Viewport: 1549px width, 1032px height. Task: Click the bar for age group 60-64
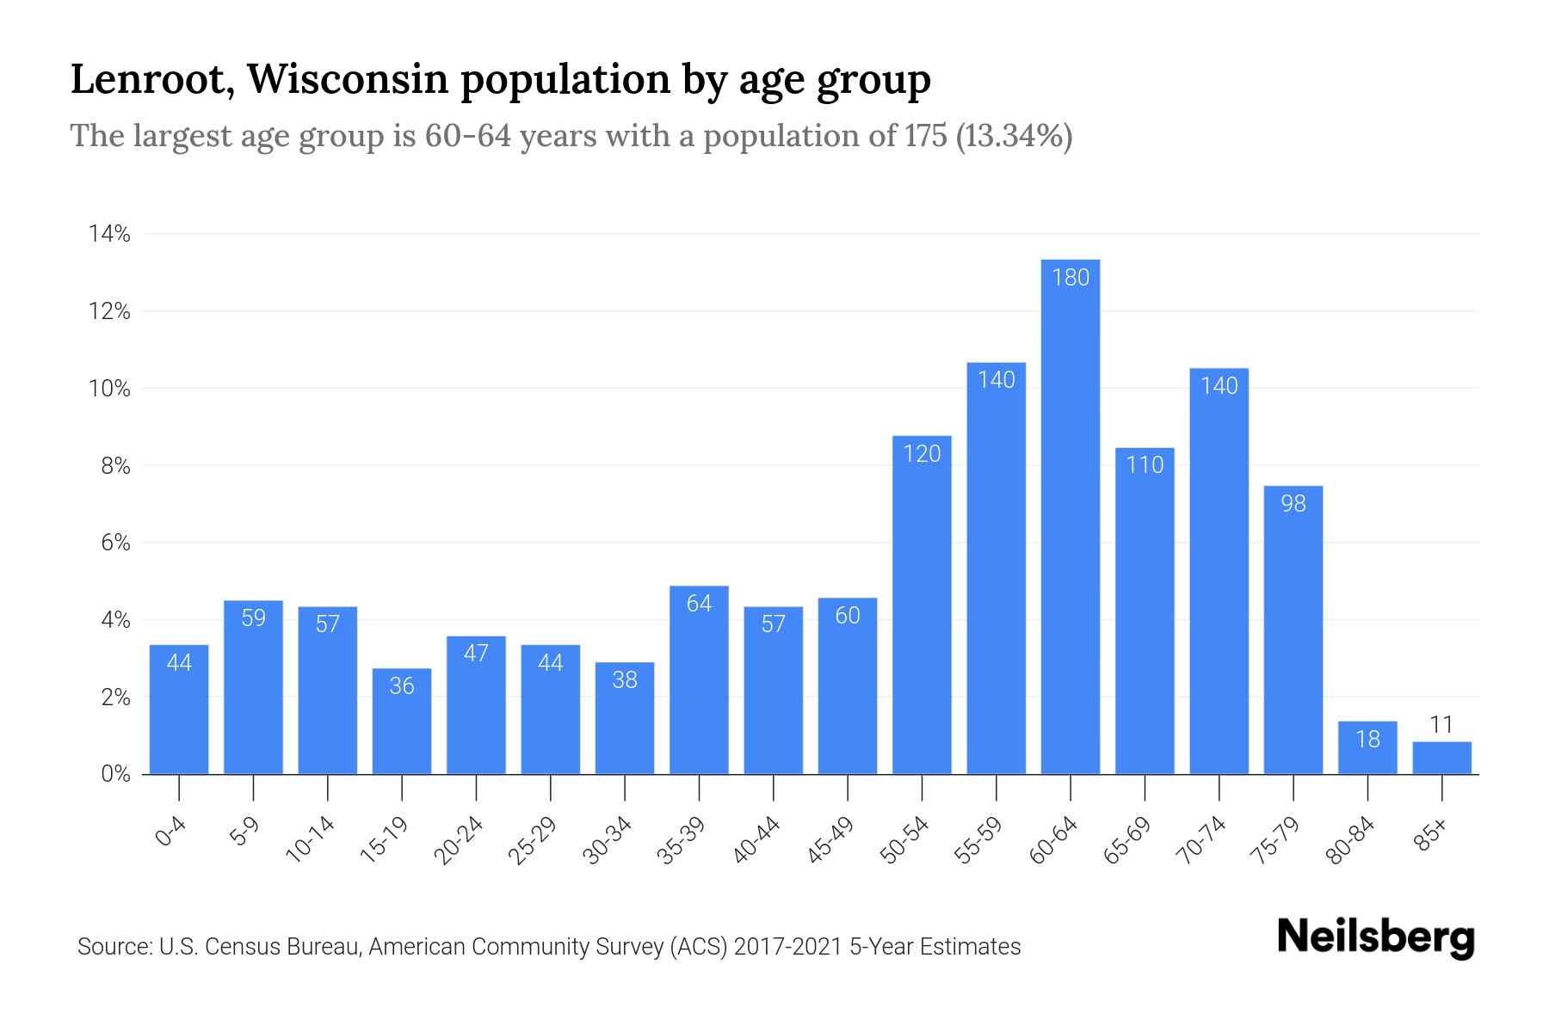pyautogui.click(x=1070, y=516)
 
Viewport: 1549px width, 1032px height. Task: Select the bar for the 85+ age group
pyautogui.click(x=1441, y=758)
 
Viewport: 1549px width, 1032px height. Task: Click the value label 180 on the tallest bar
pyautogui.click(x=1070, y=278)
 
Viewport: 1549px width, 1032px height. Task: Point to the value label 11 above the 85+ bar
pyautogui.click(x=1441, y=725)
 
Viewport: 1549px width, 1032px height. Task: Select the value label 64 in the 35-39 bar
pyautogui.click(x=699, y=604)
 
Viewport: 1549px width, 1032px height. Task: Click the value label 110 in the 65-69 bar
pyautogui.click(x=1145, y=465)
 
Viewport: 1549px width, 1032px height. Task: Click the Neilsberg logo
pyautogui.click(x=1375, y=937)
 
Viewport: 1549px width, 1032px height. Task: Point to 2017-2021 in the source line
pyautogui.click(x=788, y=947)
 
